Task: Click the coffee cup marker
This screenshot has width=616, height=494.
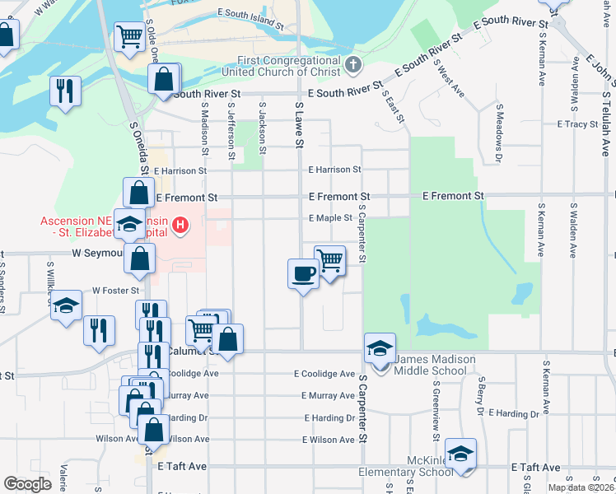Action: click(x=303, y=273)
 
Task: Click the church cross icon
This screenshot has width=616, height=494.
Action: click(x=352, y=64)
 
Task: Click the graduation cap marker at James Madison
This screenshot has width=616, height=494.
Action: click(x=380, y=347)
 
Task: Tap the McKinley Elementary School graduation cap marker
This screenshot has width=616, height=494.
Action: click(x=462, y=454)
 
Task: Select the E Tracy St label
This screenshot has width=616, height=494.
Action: click(x=576, y=124)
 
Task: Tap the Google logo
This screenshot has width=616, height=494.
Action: click(x=27, y=483)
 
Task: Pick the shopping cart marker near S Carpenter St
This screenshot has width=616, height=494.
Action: click(x=329, y=259)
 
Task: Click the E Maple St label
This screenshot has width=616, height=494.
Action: click(x=330, y=218)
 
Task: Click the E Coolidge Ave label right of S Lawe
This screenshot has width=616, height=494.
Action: click(x=325, y=374)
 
